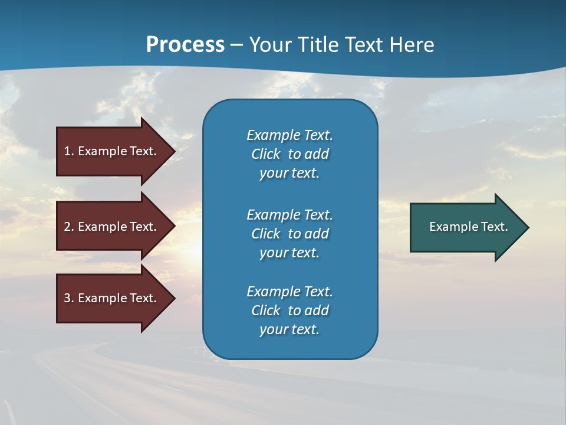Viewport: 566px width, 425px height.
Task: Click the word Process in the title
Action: pos(185,45)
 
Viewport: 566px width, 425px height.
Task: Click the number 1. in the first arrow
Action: pos(68,151)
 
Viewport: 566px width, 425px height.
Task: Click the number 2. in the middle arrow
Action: pos(68,227)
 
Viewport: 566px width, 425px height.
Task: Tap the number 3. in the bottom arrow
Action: pos(68,298)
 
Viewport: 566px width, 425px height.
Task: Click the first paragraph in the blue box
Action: pos(289,154)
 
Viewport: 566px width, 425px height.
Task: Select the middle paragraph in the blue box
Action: pos(289,234)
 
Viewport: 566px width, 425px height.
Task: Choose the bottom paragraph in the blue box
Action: pos(289,310)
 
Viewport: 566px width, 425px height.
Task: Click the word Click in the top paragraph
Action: pos(266,154)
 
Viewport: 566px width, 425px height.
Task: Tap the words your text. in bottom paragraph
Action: pos(289,330)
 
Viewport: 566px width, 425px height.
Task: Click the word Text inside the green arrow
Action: pos(495,227)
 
